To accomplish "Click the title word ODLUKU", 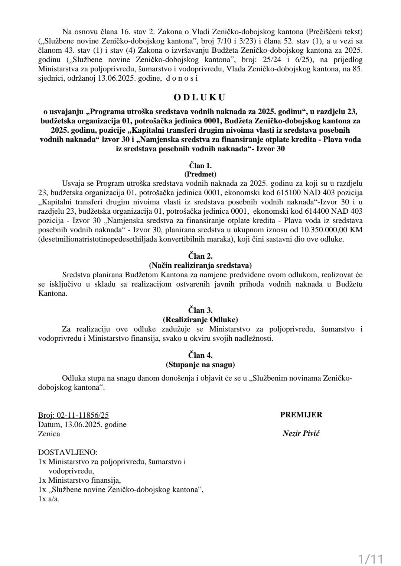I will click(x=200, y=98).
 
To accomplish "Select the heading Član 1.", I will click(x=200, y=166).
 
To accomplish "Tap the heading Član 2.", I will click(x=200, y=256).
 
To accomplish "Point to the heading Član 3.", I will click(x=200, y=310).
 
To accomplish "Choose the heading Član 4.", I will click(x=200, y=355).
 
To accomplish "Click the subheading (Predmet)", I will click(x=200, y=174).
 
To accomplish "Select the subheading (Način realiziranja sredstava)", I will click(x=200, y=265).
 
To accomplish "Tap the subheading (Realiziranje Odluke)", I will click(x=200, y=320).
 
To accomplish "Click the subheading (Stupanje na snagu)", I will click(x=200, y=365).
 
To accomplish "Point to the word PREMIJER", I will click(x=301, y=415).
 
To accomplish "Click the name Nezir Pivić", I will click(x=301, y=433).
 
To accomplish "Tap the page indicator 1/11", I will click(x=370, y=559).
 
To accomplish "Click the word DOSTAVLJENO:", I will click(x=68, y=453).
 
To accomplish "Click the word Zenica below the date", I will click(x=49, y=434).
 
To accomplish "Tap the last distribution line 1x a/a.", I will click(x=49, y=499).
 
